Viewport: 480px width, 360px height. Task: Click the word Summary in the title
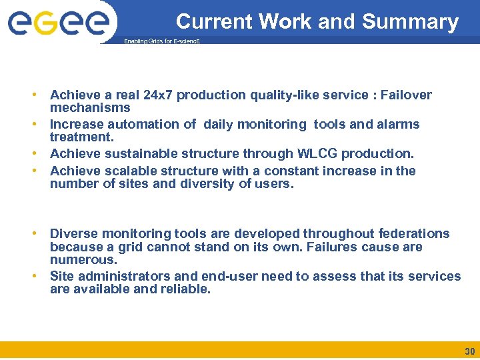click(410, 22)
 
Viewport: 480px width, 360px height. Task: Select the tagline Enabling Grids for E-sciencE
click(162, 41)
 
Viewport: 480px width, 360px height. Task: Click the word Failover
click(406, 95)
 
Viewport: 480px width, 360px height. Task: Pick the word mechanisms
click(90, 108)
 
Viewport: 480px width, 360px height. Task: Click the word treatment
click(81, 137)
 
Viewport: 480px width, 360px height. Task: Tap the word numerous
click(83, 260)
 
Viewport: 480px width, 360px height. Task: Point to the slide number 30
click(469, 351)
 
